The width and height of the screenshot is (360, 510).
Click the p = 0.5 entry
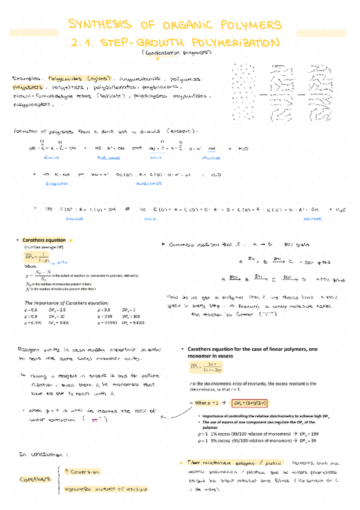[31, 309]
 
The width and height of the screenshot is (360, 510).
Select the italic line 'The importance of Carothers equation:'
[66, 302]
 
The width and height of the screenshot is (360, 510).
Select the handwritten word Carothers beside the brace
[32, 480]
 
